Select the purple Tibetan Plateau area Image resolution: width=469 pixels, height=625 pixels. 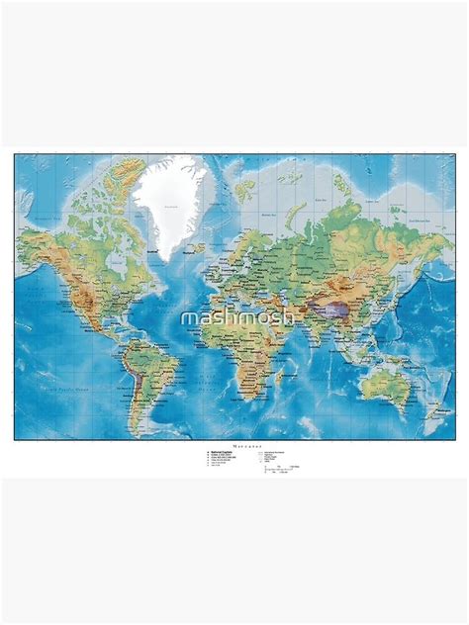(337, 308)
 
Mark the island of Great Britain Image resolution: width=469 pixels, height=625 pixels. (224, 259)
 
